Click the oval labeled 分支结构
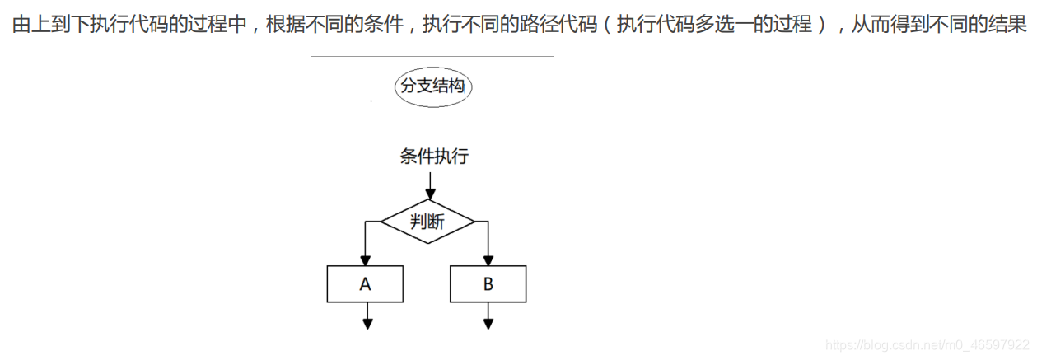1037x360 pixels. point(432,87)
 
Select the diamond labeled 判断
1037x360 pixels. point(428,222)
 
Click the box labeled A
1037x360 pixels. point(366,284)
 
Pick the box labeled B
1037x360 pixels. point(488,284)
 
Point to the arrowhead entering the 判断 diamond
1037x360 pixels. point(428,194)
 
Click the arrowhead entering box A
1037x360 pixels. point(366,260)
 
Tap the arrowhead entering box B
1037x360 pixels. point(488,260)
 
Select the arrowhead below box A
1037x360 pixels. point(367,323)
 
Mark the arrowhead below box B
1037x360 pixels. point(488,323)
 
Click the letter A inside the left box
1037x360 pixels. point(366,284)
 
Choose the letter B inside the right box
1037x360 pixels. point(488,284)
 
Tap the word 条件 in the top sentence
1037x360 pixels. point(382,25)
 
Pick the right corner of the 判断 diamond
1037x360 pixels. point(474,222)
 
